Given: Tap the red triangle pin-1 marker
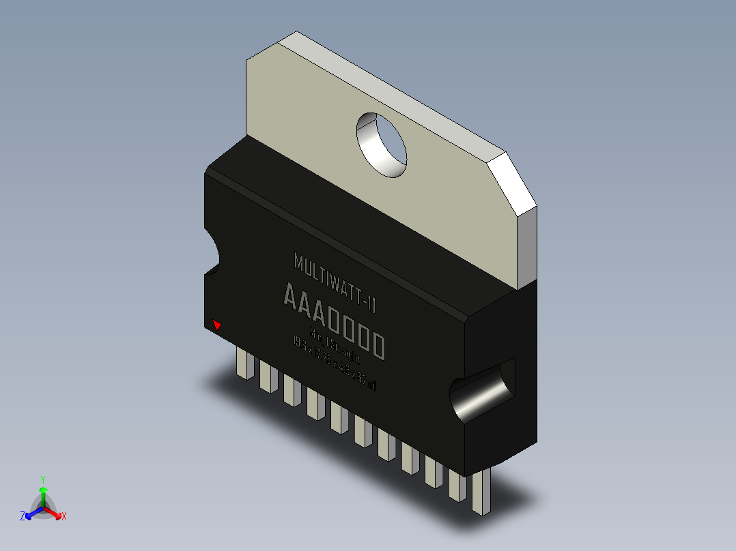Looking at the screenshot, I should pos(217,325).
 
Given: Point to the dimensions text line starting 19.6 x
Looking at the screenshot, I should pos(334,364).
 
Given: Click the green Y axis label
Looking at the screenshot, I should pos(42,479).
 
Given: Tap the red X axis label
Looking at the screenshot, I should pos(64,517).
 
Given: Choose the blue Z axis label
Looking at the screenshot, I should pos(23,517).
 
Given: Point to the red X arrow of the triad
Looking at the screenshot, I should pos(55,512).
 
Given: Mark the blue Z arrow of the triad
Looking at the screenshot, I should pos(31,512).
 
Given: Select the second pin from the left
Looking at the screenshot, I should pos(266,375).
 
